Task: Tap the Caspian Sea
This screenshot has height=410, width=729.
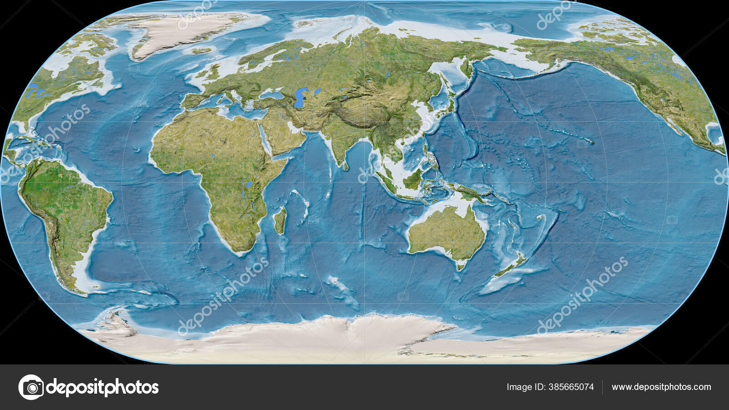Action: (299, 98)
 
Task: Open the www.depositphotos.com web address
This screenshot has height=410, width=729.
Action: (661, 387)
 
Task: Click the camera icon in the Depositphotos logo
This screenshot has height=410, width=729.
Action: (31, 387)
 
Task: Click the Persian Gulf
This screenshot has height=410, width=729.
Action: (296, 130)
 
